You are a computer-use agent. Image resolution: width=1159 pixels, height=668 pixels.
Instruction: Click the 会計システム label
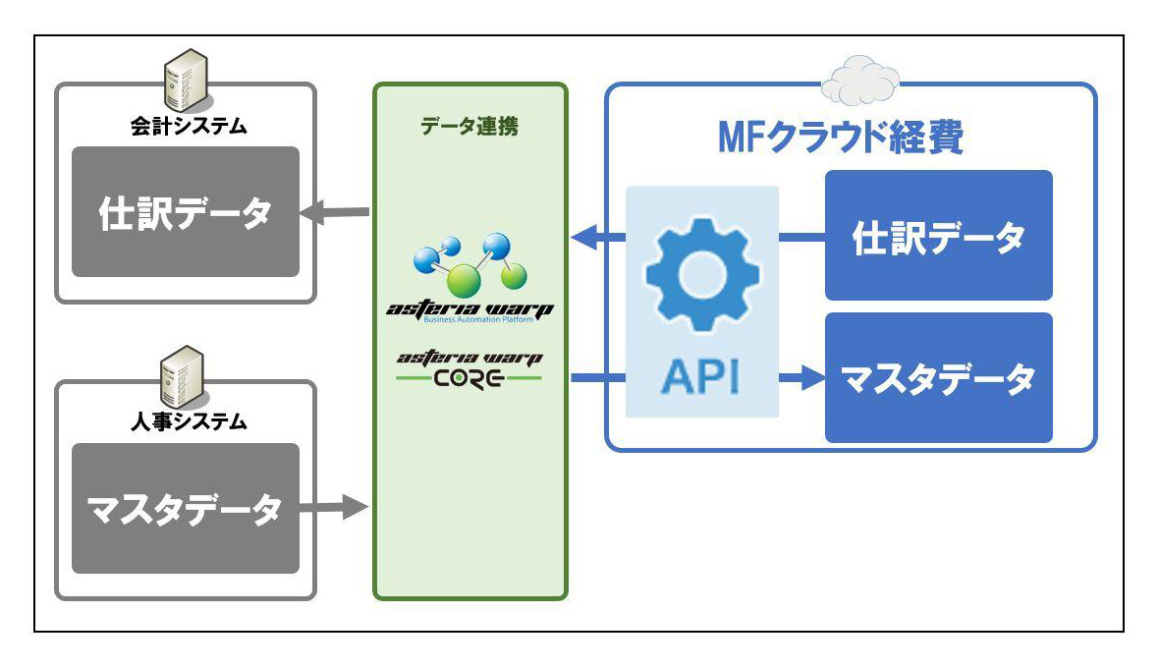pos(186,127)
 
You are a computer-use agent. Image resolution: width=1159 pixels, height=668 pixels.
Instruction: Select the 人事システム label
pos(186,423)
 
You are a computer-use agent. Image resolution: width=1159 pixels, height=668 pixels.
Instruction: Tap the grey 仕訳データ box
pos(186,211)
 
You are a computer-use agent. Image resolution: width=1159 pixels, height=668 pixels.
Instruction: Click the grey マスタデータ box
pos(186,508)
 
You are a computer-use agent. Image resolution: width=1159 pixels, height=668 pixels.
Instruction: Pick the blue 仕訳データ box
pos(938,236)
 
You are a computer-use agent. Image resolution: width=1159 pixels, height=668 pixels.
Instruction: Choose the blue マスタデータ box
pos(938,377)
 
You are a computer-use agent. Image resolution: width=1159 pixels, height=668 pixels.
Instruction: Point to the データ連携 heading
pos(469,128)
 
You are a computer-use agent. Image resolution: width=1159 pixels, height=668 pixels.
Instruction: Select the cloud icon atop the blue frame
pos(859,81)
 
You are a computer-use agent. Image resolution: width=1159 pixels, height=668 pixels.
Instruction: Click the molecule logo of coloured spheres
pos(469,263)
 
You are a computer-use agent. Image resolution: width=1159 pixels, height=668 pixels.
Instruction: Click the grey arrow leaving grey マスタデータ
pos(334,508)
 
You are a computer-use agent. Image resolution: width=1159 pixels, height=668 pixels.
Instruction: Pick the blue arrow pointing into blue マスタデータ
pos(800,377)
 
